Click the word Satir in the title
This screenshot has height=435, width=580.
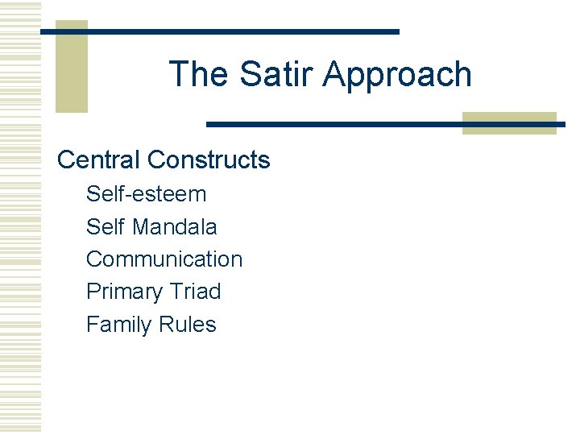pyautogui.click(x=270, y=74)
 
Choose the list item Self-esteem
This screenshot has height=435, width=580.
pyautogui.click(x=146, y=194)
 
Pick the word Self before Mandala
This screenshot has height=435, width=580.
pyautogui.click(x=106, y=227)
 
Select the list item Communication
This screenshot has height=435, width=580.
pyautogui.click(x=164, y=259)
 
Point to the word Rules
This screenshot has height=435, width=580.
pyautogui.click(x=188, y=325)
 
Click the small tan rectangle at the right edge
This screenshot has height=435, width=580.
pyautogui.click(x=509, y=122)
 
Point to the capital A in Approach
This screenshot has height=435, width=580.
pyautogui.click(x=333, y=74)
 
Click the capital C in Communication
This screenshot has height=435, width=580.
pyautogui.click(x=93, y=259)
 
